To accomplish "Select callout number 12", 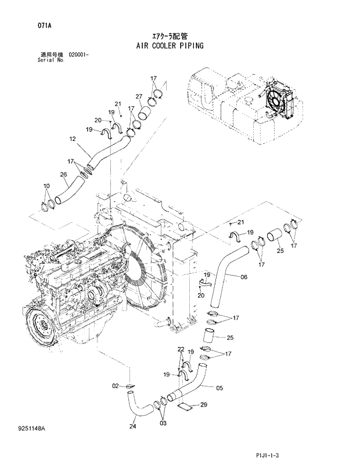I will (73, 139).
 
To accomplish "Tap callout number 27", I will (139, 96).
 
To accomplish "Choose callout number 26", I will (63, 173).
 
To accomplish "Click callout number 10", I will (46, 186).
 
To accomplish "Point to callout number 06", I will (243, 277).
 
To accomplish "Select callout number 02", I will (115, 385).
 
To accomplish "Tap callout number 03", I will (163, 424).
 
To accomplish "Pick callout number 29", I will (203, 404).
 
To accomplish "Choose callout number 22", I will (181, 349).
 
